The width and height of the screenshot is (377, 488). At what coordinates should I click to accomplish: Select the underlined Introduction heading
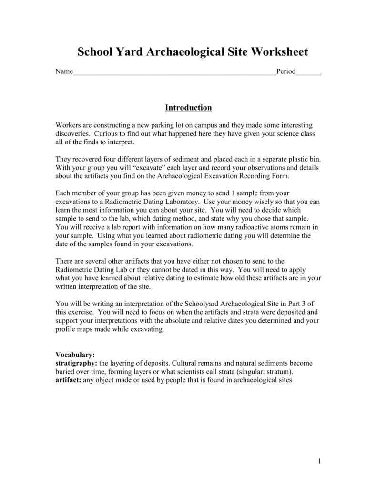pyautogui.click(x=188, y=108)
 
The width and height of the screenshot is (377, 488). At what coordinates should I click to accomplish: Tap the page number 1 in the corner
pyautogui.click(x=319, y=461)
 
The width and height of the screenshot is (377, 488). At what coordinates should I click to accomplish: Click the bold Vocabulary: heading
pyautogui.click(x=75, y=355)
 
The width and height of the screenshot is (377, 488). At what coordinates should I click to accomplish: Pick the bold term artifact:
pyautogui.click(x=68, y=380)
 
